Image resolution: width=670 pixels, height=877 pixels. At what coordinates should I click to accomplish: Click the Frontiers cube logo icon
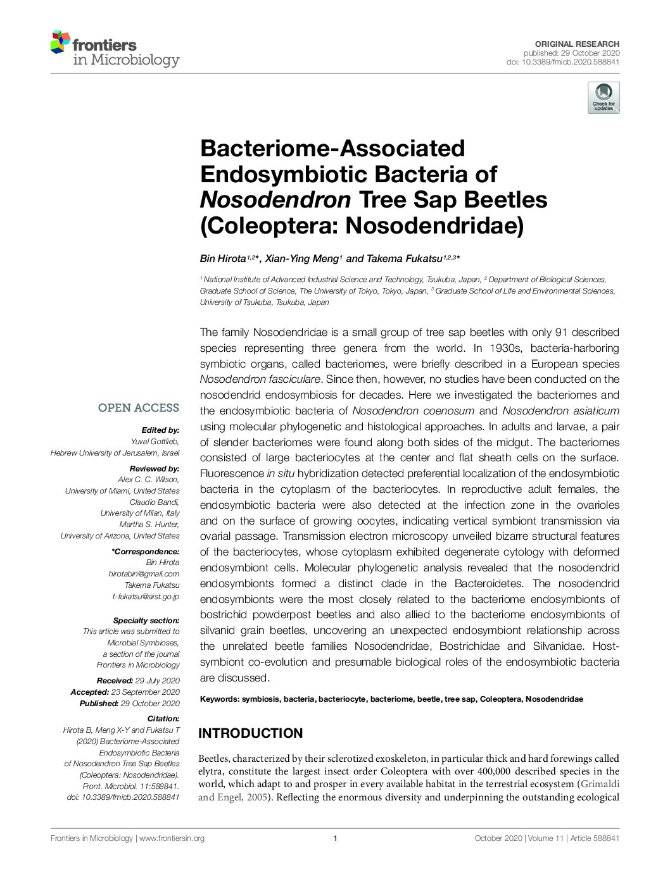[60, 42]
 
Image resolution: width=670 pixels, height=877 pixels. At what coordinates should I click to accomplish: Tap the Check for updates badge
[603, 98]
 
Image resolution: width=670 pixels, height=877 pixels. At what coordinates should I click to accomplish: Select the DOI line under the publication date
[562, 62]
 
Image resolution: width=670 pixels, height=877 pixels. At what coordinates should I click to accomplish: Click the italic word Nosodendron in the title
[275, 200]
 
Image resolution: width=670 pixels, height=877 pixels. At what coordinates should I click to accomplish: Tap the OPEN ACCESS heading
[138, 408]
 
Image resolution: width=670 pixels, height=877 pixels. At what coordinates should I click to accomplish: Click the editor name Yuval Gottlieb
[155, 442]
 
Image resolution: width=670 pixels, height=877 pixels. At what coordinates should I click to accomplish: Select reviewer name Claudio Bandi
[154, 502]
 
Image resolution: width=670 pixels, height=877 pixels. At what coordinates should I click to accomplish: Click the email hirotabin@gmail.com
[144, 574]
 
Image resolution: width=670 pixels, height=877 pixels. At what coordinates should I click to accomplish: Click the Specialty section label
[146, 620]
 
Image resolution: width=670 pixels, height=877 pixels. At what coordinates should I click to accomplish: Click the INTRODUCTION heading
[251, 733]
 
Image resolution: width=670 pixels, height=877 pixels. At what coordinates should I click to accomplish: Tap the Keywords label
[219, 699]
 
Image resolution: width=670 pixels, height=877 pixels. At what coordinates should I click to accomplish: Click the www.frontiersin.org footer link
[172, 838]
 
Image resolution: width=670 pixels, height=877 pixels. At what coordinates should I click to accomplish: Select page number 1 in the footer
[334, 838]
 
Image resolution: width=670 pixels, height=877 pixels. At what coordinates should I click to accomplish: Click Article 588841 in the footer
[594, 838]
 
